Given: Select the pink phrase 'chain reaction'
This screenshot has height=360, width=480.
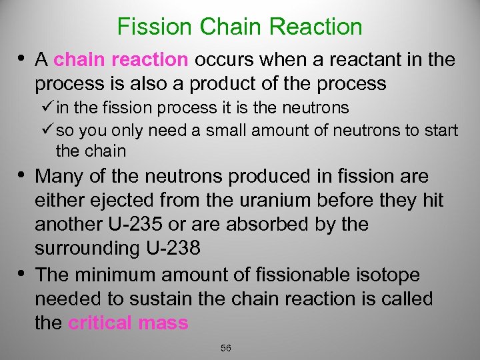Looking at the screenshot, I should pos(121,59).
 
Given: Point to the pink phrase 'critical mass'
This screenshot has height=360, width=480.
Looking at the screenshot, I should pos(128,323).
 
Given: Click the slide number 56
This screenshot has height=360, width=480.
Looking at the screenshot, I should pos(225,348).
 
